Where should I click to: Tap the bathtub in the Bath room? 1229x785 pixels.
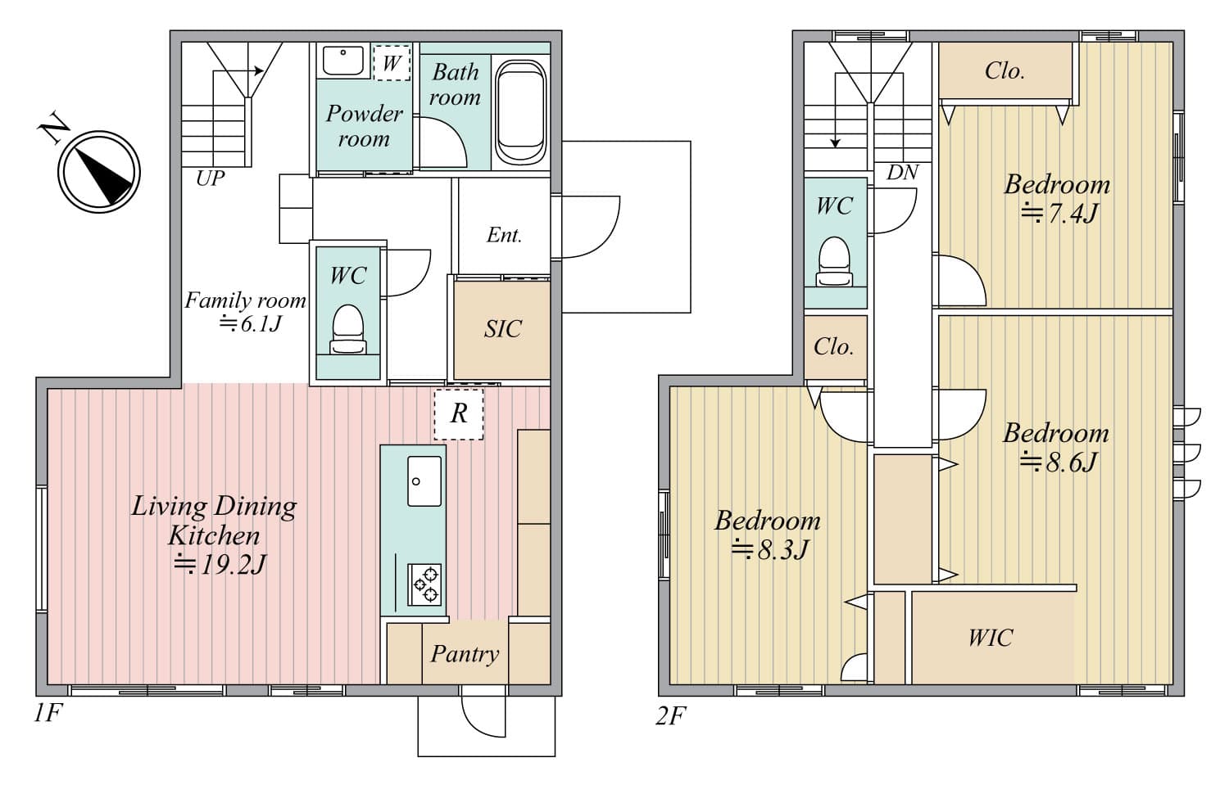pyautogui.click(x=520, y=111)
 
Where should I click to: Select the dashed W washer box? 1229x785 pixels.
pyautogui.click(x=392, y=63)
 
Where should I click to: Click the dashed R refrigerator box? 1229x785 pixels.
pyautogui.click(x=459, y=414)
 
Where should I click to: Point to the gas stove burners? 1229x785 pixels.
pyautogui.click(x=424, y=584)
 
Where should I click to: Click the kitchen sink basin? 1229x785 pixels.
pyautogui.click(x=424, y=480)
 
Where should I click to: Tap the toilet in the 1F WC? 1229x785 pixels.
pyautogui.click(x=348, y=330)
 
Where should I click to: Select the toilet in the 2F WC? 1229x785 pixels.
pyautogui.click(x=834, y=261)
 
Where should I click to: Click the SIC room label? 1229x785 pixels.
pyautogui.click(x=502, y=329)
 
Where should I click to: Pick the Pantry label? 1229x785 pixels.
pyautogui.click(x=465, y=653)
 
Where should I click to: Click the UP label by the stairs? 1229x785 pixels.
pyautogui.click(x=210, y=178)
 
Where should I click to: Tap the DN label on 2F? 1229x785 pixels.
pyautogui.click(x=903, y=173)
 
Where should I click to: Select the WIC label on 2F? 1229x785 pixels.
pyautogui.click(x=991, y=638)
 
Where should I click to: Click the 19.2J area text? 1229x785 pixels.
pyautogui.click(x=220, y=564)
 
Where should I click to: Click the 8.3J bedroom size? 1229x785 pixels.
pyautogui.click(x=771, y=548)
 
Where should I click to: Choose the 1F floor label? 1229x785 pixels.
pyautogui.click(x=48, y=713)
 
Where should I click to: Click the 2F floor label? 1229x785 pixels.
pyautogui.click(x=670, y=715)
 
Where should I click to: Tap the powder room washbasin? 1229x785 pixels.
pyautogui.click(x=343, y=61)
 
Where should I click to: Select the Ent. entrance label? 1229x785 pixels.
pyautogui.click(x=504, y=235)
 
